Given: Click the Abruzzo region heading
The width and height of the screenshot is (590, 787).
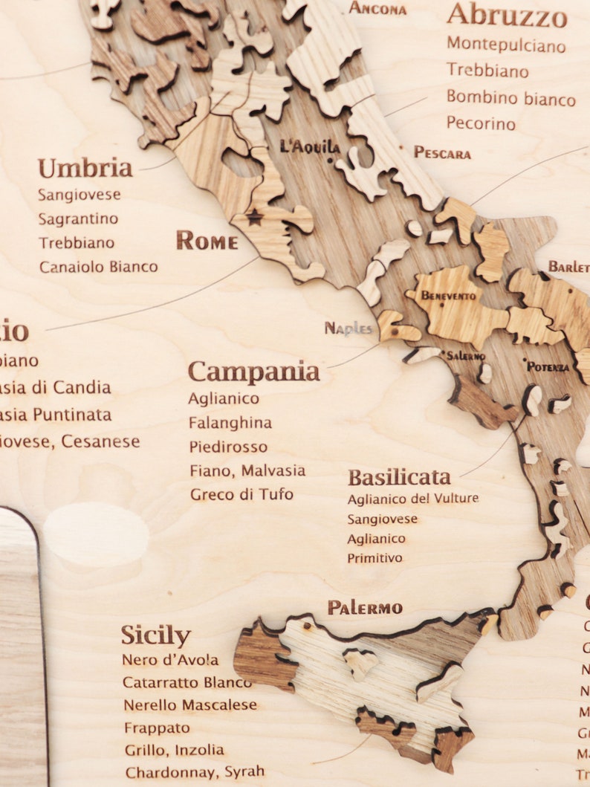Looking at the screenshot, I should coord(507,14).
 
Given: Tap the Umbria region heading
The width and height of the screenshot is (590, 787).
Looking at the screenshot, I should coord(85,169).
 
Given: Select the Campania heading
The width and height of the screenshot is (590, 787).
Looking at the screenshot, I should coord(253,372).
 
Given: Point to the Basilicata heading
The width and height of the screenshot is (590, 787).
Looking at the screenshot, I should coord(399,476).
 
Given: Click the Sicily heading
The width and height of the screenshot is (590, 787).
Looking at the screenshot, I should coord(155,636).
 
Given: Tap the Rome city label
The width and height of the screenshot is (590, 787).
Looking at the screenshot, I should coord(207,241).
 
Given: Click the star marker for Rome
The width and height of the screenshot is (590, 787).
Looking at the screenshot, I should coord(255,217).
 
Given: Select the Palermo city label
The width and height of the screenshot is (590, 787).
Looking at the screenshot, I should coord(365,608).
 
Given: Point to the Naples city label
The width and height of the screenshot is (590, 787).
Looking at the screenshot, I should coord(348,328).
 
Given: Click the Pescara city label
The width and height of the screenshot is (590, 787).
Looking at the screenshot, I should coord(442,153).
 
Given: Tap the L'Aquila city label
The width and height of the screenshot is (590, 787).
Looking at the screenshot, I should coord(310,146).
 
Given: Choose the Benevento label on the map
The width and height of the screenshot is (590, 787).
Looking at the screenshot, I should coord(448,296).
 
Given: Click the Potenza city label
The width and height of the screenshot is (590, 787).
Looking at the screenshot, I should coord(548,366).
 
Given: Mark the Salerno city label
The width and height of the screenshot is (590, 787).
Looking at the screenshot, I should coord(465,356).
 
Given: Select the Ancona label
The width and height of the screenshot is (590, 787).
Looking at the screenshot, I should coord(377,9).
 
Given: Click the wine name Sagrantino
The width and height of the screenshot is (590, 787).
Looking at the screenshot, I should coord(78,218).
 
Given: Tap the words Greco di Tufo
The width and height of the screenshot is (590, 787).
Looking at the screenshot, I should coord(241,494).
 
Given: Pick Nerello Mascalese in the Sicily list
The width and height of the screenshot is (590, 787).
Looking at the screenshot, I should coord(190,705).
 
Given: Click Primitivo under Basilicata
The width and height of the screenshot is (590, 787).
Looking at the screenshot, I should coord(375,557).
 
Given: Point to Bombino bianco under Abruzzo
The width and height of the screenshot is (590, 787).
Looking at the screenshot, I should coord(510,98).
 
